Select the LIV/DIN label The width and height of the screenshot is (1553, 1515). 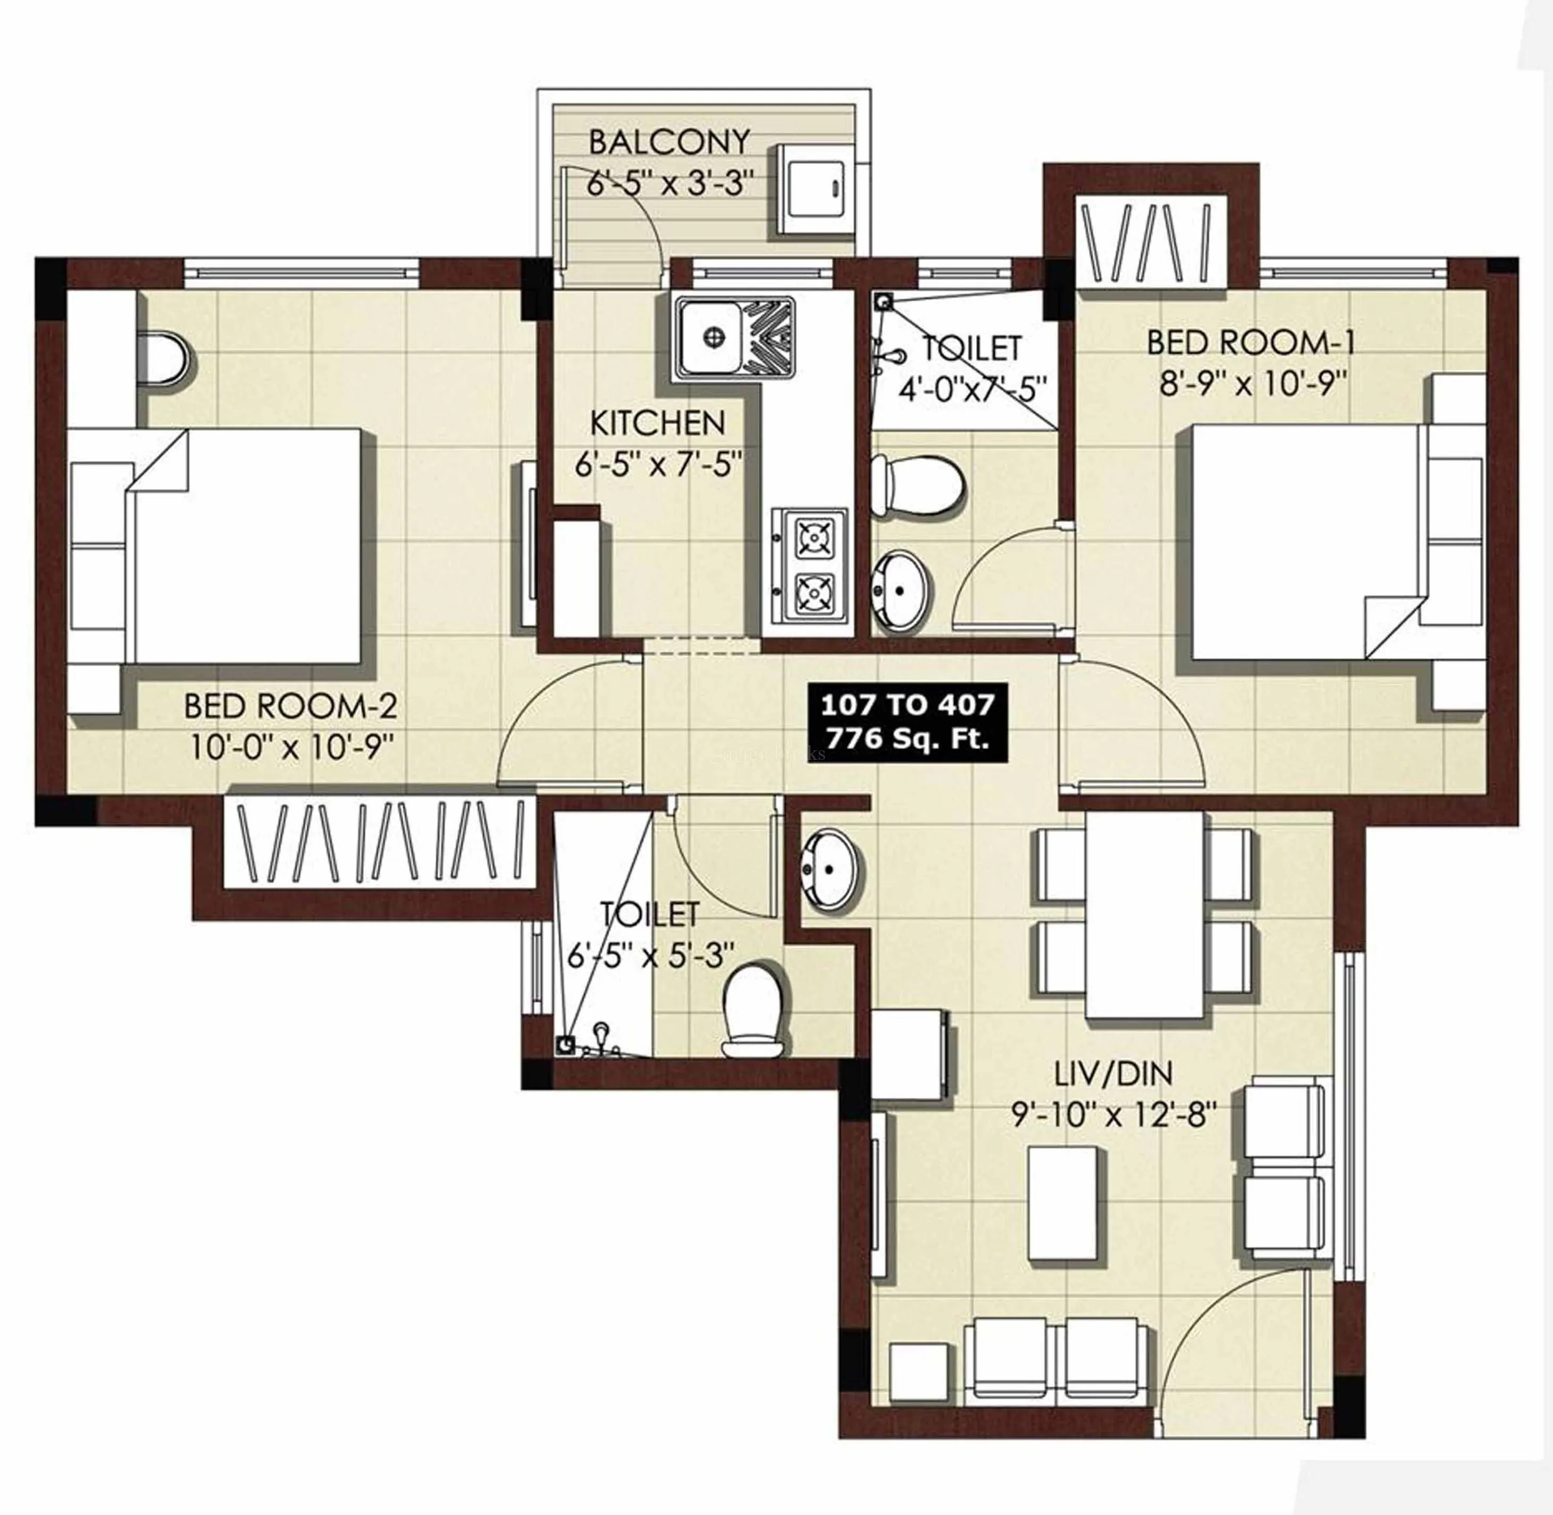click(1113, 1074)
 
